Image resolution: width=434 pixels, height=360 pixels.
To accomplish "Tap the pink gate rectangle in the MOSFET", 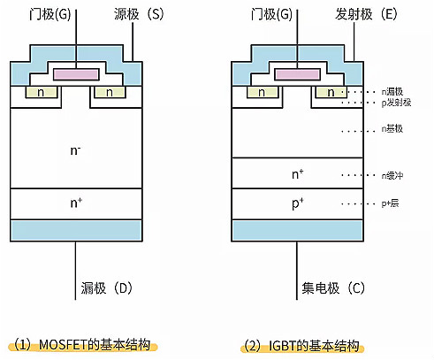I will pyautogui.click(x=75, y=73).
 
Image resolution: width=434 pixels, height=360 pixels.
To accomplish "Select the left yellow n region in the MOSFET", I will pyautogui.click(x=41, y=91).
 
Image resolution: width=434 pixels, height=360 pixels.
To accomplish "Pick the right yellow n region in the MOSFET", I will pyautogui.click(x=109, y=91).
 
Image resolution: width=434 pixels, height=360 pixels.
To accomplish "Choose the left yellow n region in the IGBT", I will pyautogui.click(x=263, y=91).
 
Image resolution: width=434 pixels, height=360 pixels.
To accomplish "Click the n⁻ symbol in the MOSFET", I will pyautogui.click(x=76, y=150).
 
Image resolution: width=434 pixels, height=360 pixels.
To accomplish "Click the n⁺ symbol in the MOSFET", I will pyautogui.click(x=76, y=203).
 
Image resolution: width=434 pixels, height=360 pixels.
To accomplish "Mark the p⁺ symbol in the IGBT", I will pyautogui.click(x=298, y=203).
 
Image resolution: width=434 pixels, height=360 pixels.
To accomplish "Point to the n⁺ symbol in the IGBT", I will pyautogui.click(x=298, y=173).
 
